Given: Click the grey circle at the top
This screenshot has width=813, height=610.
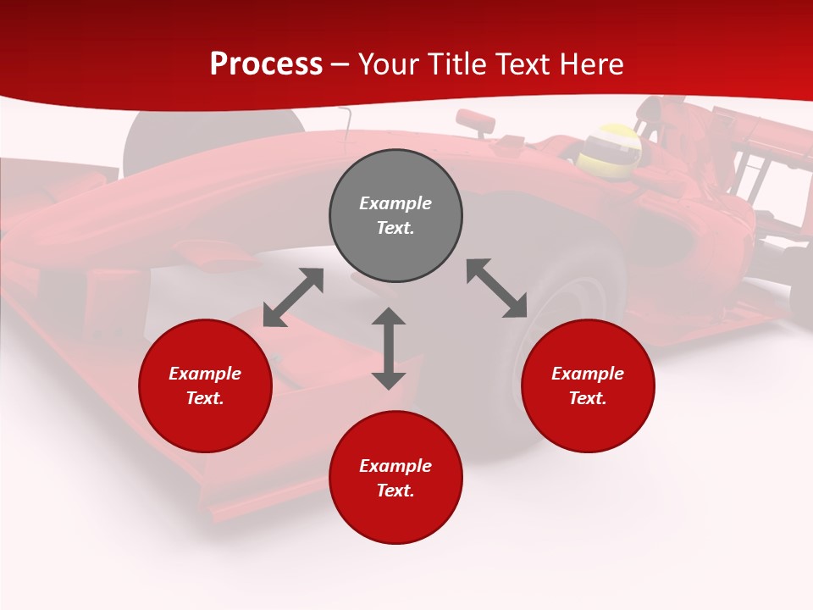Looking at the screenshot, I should coord(395,216).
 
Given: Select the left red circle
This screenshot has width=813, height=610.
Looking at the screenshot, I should coord(205,385).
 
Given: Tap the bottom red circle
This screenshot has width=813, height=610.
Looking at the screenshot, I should coord(395,478).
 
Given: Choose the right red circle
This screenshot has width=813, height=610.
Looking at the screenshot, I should coord(588,385).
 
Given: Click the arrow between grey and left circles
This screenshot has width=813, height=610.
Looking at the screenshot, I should coord(293,297).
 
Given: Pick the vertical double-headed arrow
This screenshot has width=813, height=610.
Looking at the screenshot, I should coord(389,348).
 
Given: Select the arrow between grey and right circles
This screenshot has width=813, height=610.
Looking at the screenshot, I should coord(497,288).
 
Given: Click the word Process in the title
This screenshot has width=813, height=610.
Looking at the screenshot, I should coord(266,64).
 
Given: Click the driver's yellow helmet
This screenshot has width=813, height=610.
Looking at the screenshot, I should coord(609,146).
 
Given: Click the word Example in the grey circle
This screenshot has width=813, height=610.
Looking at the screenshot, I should coord(395,203).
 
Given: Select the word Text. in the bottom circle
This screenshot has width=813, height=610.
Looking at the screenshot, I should coord(395,491).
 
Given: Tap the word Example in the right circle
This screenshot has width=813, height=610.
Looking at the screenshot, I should coord(588,374).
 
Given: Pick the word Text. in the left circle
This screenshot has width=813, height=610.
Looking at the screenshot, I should coord(205,398).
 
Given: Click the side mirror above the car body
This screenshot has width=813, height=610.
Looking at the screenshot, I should coord(477,121).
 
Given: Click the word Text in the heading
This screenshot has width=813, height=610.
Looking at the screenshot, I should coord(521,64).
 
